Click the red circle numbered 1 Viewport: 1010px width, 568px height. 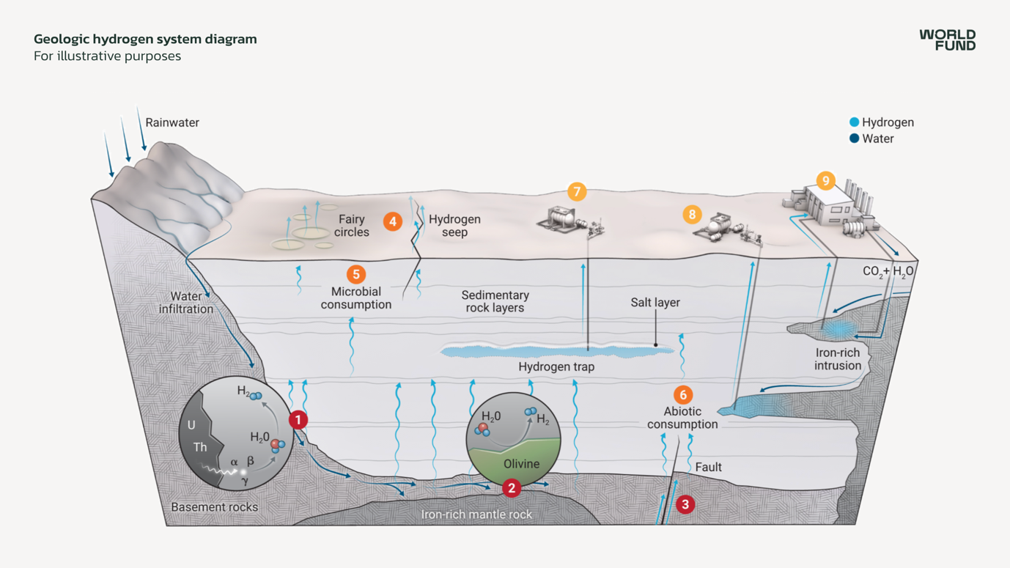pos(298,420)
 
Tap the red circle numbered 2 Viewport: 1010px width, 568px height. pos(511,488)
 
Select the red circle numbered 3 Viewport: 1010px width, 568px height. pos(685,504)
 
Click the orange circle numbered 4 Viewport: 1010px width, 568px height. pos(393,221)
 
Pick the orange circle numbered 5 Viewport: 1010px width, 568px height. pos(356,274)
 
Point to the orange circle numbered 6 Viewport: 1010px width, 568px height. pos(683,395)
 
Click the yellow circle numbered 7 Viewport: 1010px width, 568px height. pos(577,192)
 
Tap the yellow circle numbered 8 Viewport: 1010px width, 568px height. pos(692,215)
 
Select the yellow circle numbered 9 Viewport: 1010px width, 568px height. pos(826,180)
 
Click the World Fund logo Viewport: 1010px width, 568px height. pos(947,40)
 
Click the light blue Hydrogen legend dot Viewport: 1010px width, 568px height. pos(854,122)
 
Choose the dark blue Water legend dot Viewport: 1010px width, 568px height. pos(854,139)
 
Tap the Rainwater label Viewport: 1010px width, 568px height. pos(172,122)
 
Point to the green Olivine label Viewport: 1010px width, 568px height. pos(521,464)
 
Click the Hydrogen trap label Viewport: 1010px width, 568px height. pos(556,366)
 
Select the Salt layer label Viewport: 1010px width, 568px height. pos(655,303)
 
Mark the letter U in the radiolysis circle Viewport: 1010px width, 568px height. pos(191,425)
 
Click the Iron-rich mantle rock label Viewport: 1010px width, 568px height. pos(476,514)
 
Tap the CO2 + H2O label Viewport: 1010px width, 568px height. pos(888,271)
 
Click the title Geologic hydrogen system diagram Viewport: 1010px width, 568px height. pos(145,39)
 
